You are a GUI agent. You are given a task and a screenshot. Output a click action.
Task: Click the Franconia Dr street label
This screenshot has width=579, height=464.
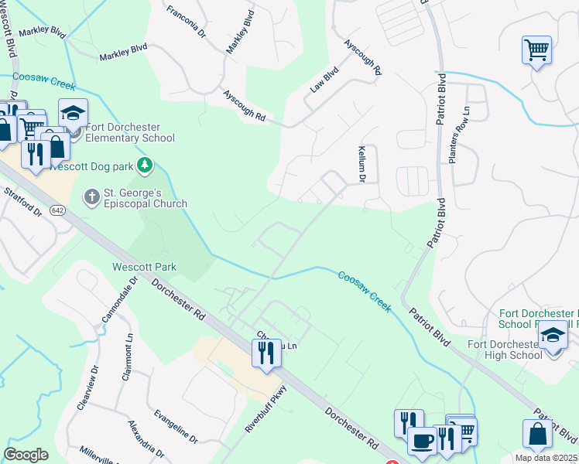click(186, 22)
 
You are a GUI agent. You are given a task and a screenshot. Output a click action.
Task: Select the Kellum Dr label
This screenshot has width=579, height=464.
click(361, 164)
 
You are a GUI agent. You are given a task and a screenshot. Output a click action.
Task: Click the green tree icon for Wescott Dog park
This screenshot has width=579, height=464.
click(143, 165)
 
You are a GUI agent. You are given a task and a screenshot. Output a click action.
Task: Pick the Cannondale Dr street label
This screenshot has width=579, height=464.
click(118, 299)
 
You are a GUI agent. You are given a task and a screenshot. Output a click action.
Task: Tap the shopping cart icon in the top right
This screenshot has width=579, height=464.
click(536, 50)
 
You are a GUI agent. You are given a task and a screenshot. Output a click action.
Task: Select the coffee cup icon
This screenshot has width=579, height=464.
click(422, 441)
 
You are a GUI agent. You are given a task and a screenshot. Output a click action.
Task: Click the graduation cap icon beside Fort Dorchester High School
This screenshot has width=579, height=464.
click(553, 336)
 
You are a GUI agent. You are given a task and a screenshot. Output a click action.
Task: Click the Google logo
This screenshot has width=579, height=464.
click(26, 455)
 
